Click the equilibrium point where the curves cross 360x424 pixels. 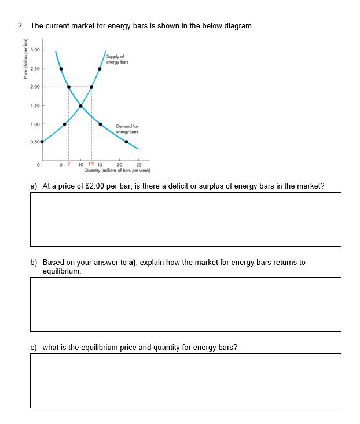pyautogui.click(x=80, y=105)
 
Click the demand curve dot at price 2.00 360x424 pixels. pyautogui.click(x=69, y=87)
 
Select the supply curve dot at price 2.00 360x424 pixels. pyautogui.click(x=91, y=87)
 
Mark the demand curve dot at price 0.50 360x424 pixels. pyautogui.click(x=127, y=142)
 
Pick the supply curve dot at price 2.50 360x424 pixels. pyautogui.click(x=100, y=69)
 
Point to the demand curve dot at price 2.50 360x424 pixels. pyautogui.click(x=61, y=69)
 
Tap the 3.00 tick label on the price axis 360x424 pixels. pyautogui.click(x=35, y=50)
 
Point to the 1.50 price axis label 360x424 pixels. pyautogui.click(x=35, y=105)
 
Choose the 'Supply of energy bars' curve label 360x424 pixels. pyautogui.click(x=117, y=58)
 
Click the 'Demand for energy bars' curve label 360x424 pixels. pyautogui.click(x=127, y=128)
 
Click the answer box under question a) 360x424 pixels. pyautogui.click(x=185, y=219)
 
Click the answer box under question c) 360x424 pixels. pyautogui.click(x=185, y=381)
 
